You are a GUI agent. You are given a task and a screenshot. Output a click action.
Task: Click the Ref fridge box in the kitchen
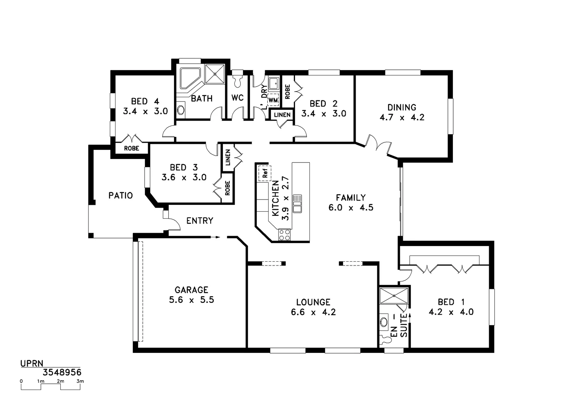point(264,172)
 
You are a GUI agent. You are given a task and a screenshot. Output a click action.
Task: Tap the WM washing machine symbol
point(273,100)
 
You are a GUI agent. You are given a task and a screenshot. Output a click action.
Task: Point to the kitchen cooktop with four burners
point(284,235)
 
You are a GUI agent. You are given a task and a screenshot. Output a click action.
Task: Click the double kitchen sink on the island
point(297,203)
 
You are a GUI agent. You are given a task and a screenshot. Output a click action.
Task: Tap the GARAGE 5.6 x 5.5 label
point(192,295)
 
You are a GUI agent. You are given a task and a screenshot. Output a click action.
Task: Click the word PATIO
point(121,196)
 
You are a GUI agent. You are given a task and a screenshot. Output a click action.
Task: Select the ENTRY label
point(200,220)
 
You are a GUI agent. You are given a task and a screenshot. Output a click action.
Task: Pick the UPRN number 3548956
point(62,372)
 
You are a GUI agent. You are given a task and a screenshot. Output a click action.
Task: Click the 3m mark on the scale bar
point(80,381)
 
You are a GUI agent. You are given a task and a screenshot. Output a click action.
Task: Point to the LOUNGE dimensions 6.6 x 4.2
point(313,312)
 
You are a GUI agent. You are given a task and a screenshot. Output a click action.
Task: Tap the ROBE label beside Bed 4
point(132,148)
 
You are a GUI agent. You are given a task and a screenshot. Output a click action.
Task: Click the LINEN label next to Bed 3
point(228,157)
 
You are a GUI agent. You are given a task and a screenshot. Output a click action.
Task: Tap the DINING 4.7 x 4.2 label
point(402,113)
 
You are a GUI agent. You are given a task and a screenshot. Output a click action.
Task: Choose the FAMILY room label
point(351,198)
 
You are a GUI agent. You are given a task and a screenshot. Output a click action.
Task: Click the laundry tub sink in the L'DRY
point(274,84)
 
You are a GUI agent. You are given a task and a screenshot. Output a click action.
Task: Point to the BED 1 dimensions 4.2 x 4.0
point(451,312)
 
